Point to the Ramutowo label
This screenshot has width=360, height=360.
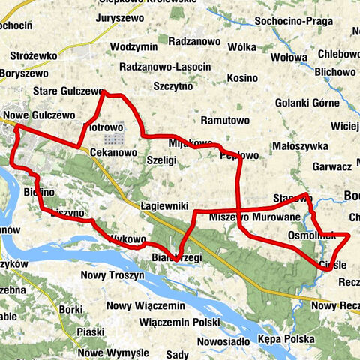coord(225,120)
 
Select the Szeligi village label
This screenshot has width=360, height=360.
coord(162,160)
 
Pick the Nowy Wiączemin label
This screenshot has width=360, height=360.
coord(145,305)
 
